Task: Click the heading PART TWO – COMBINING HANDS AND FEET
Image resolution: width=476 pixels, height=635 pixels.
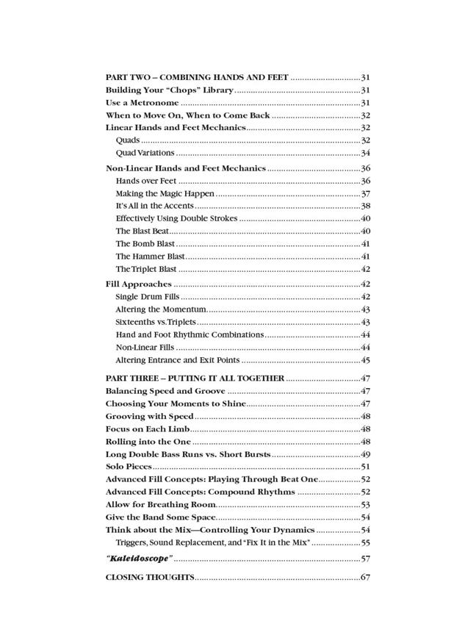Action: point(197,77)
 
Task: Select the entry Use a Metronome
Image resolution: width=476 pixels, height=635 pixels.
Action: point(142,103)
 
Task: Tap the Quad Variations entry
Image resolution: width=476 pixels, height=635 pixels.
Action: point(145,153)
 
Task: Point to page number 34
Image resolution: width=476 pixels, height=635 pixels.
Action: point(365,153)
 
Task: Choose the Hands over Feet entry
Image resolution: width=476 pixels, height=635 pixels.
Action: point(145,181)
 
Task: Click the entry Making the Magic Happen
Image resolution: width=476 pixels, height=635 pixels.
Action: point(165,194)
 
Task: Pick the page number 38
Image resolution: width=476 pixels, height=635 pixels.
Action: point(365,207)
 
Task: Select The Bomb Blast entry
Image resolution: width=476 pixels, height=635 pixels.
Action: point(145,243)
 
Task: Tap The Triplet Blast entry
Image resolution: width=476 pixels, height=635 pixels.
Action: point(146,269)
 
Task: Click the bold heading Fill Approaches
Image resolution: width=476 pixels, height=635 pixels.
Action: point(138,284)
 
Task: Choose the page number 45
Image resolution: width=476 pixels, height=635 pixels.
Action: point(365,360)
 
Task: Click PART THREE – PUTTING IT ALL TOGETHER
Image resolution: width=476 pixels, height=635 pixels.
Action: point(195,378)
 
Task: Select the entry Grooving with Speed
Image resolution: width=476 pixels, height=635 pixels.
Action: point(149,416)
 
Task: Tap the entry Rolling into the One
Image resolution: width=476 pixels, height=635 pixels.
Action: point(148,442)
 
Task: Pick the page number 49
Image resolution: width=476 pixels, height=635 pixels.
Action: point(365,454)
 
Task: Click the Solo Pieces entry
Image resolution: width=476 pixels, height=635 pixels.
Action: point(129,467)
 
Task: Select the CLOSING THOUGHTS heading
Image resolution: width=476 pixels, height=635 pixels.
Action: point(149,577)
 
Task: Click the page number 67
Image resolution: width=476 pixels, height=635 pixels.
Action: point(365,577)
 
